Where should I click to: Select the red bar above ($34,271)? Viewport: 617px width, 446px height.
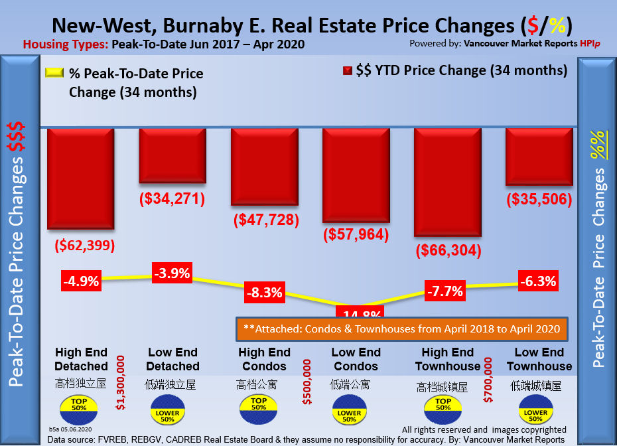click(x=172, y=155)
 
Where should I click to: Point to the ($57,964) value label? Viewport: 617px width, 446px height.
click(x=356, y=234)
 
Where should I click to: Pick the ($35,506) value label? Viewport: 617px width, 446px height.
click(x=539, y=200)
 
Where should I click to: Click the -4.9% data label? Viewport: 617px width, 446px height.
click(x=81, y=281)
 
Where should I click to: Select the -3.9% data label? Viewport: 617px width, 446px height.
click(x=172, y=272)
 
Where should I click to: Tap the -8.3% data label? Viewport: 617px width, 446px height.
click(x=264, y=291)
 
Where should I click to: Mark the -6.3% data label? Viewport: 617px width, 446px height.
click(x=538, y=281)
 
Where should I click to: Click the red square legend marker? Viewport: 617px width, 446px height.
click(x=347, y=71)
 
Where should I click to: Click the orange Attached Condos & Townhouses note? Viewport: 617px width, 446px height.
click(x=398, y=329)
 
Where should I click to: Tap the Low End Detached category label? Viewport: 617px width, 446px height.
click(x=172, y=359)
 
